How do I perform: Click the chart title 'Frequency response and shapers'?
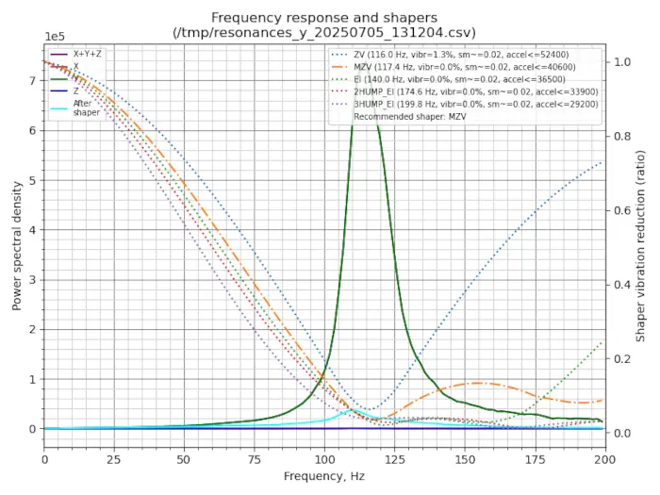[x=323, y=17]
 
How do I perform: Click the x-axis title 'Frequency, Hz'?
[x=323, y=476]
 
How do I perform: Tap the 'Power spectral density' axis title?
[x=16, y=243]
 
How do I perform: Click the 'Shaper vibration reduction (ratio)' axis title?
[x=641, y=243]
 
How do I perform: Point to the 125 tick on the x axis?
[x=394, y=458]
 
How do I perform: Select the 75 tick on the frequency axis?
[x=255, y=458]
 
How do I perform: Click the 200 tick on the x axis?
[x=603, y=458]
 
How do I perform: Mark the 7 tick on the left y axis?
[x=32, y=81]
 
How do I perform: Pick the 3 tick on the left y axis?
[x=32, y=280]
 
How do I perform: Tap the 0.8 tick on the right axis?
[x=621, y=136]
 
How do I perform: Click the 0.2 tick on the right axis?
[x=621, y=359]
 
